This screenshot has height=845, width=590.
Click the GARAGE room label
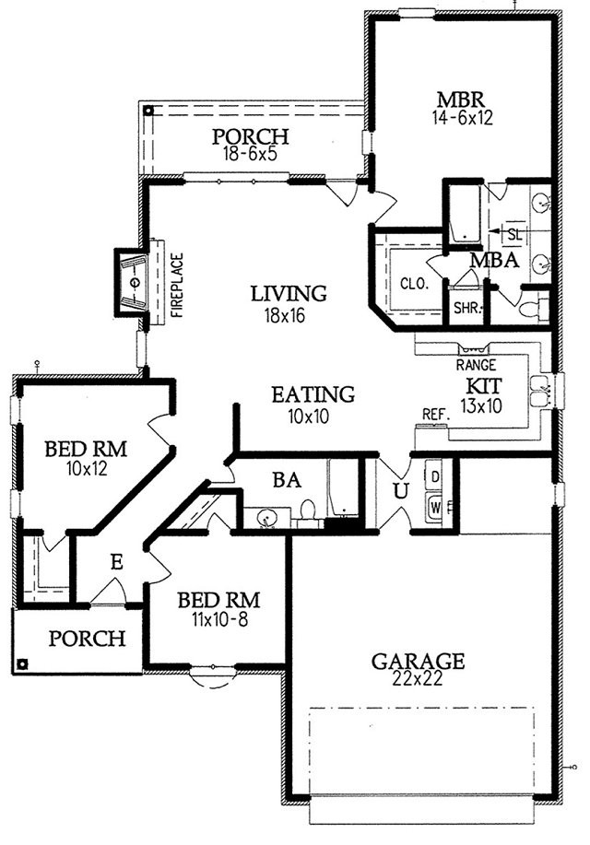[418, 661]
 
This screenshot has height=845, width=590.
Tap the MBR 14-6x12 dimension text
[462, 118]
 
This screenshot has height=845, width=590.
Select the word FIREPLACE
[177, 285]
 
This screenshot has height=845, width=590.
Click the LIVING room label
[289, 294]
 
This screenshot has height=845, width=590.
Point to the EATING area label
[313, 394]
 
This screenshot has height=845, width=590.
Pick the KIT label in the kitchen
[484, 386]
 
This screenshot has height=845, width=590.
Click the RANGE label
[476, 366]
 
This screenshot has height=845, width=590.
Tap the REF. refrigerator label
[436, 414]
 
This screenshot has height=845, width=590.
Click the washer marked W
[435, 507]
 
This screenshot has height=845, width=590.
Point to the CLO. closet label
[414, 284]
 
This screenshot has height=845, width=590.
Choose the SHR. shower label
[467, 309]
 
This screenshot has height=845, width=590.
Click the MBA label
[494, 261]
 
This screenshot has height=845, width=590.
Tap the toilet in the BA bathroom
[308, 511]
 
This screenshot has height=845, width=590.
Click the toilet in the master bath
[532, 309]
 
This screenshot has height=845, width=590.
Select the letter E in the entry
[116, 563]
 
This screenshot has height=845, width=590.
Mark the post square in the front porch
[22, 663]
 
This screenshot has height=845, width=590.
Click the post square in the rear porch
[148, 111]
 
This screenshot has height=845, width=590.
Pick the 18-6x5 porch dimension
[250, 154]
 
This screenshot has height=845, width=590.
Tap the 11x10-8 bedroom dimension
[219, 620]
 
